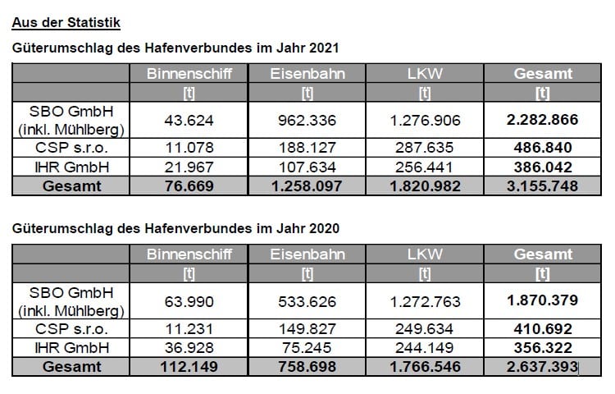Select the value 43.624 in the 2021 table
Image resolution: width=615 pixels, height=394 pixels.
[x=190, y=120]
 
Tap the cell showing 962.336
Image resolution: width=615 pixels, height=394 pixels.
[x=307, y=120]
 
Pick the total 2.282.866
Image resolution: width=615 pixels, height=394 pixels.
[x=542, y=120]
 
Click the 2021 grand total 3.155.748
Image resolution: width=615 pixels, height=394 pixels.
[x=542, y=186]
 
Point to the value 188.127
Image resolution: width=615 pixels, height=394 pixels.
[x=307, y=148]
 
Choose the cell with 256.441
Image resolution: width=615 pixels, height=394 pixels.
[x=426, y=167]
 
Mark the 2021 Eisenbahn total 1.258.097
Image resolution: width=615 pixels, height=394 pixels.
[x=307, y=186]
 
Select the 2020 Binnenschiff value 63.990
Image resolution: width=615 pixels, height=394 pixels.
[x=190, y=301]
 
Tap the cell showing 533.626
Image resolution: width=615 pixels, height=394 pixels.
[x=307, y=301]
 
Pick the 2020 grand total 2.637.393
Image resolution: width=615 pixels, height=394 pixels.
[x=542, y=366]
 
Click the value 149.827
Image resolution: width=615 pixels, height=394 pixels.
[x=307, y=329]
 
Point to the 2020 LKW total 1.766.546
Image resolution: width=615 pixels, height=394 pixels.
[x=426, y=366]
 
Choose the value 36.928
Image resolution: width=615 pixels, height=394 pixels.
[x=190, y=348]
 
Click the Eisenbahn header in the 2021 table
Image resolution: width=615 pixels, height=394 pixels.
[x=307, y=74]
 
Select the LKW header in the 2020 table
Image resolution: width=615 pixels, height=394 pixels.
[x=426, y=254]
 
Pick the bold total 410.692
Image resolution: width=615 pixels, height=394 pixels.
[x=542, y=329]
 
